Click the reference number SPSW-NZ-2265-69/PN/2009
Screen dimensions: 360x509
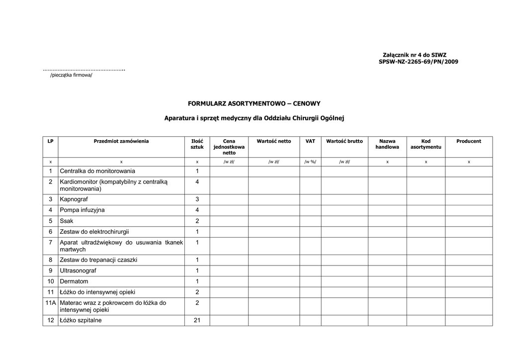pos(418,62)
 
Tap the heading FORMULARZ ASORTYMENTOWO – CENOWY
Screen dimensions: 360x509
pos(254,103)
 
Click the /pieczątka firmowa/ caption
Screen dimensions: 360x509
pos(71,75)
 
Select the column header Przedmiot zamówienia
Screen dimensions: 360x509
pos(121,141)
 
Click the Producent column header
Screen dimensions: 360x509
pos(469,141)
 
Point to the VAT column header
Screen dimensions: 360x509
pos(310,141)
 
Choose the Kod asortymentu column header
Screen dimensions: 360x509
pos(425,144)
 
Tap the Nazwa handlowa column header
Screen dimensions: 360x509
pos(387,144)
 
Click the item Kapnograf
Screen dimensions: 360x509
pos(74,199)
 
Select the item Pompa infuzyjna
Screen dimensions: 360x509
pos(82,210)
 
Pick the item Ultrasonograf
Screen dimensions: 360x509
pos(78,270)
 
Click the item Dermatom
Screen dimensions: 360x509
pos(74,281)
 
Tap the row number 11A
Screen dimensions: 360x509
pos(50,303)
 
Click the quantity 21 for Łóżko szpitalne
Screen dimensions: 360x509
pos(197,320)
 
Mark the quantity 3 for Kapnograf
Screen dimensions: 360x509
pos(197,199)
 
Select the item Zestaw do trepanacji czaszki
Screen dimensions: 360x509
pos(98,260)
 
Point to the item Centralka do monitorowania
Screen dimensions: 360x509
pos(97,171)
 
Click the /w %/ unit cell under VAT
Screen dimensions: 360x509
pos(310,162)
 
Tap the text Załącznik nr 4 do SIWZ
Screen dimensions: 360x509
pos(415,55)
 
